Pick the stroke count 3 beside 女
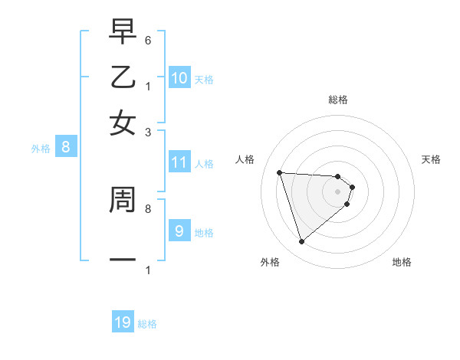147,133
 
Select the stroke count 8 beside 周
147,208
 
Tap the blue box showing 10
179,78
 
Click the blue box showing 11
179,162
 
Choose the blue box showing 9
179,231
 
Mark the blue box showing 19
123,322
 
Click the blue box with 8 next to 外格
66,148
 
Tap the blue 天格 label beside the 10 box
204,79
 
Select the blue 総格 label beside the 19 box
147,324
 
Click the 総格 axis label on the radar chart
338,100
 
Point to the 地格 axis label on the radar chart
402,262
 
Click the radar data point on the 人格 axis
280,172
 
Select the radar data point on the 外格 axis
302,242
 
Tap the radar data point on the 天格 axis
352,186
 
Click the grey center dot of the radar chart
338,191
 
